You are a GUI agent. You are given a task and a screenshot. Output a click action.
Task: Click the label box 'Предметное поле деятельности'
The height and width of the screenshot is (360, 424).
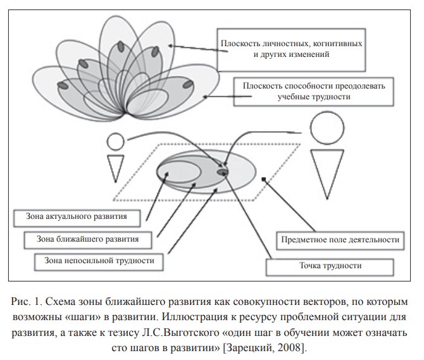point(339,240)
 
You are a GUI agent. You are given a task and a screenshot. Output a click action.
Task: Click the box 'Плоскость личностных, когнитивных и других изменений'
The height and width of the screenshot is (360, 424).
point(291,49)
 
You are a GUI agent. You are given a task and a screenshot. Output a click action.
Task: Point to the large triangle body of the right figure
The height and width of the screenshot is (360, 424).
point(330,170)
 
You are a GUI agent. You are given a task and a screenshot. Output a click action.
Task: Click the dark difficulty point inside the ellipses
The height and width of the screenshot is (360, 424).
point(223,171)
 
